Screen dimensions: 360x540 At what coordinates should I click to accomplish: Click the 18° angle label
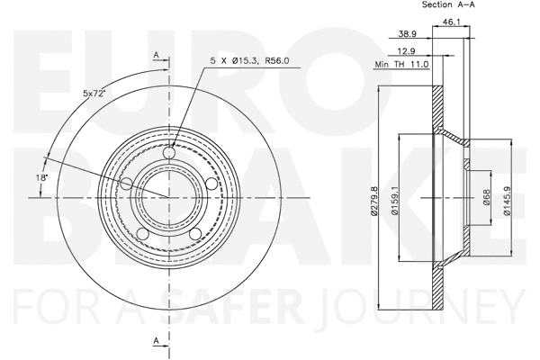coord(40,178)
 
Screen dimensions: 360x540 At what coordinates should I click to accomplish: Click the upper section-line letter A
coord(157,56)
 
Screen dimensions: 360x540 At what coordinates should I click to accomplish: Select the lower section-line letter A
coord(157,340)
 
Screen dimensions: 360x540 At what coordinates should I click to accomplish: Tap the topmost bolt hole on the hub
coord(171,155)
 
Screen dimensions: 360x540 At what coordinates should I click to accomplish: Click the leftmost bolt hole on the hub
coord(127,184)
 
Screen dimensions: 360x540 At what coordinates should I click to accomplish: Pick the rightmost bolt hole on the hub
coord(211,184)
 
